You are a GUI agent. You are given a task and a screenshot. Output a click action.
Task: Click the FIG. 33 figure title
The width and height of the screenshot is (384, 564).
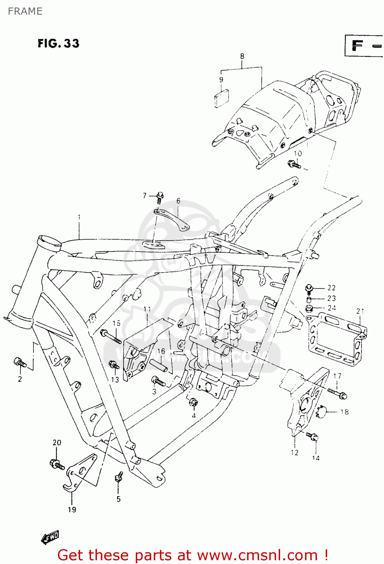59,43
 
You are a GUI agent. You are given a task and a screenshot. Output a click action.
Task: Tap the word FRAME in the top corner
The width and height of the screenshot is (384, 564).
25,11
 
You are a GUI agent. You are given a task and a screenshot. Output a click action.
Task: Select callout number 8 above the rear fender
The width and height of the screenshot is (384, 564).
242,56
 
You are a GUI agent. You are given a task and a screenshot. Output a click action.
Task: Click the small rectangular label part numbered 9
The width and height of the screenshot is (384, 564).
222,99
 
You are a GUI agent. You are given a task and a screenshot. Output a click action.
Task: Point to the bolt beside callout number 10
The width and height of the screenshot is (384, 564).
294,164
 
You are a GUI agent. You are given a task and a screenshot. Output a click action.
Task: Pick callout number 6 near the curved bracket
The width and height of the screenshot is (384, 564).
178,201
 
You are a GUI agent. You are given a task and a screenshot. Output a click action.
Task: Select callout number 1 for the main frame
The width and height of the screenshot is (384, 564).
79,217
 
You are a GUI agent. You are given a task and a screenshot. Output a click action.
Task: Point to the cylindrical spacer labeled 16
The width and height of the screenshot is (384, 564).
159,365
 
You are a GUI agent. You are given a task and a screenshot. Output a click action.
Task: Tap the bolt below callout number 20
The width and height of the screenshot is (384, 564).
56,464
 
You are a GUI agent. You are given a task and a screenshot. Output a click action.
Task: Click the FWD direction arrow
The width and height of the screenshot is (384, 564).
50,538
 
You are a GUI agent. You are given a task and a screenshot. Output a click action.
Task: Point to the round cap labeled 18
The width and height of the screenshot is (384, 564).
323,412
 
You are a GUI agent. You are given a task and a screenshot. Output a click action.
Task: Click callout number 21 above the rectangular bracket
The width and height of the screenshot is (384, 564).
360,311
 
